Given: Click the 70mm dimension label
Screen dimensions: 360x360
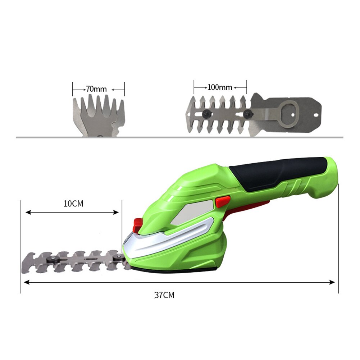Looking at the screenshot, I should pos(96,89).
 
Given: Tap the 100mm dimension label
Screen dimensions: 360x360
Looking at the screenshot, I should pos(219,87).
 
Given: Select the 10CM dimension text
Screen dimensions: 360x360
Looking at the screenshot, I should pos(73,204).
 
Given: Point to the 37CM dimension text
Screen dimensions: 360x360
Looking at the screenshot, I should pos(164,295).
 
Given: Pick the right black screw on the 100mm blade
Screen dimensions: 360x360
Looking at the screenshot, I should pos(247,114).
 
